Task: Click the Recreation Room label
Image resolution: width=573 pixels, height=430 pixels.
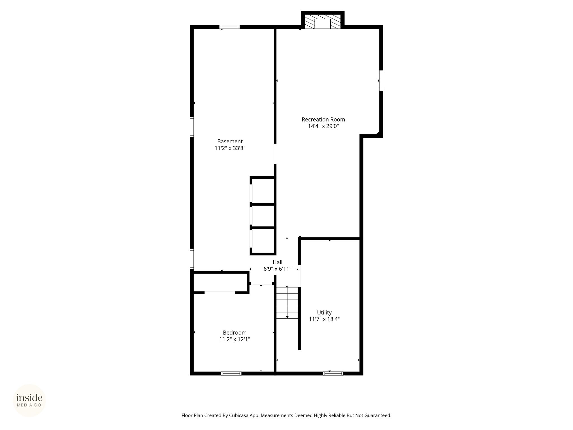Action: tap(323, 120)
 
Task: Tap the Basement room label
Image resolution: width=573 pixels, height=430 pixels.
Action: tap(230, 141)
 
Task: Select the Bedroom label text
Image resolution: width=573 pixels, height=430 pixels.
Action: tap(234, 333)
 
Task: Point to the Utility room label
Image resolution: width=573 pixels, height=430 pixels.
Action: tap(324, 312)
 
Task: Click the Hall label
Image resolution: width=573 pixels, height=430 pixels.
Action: tap(278, 262)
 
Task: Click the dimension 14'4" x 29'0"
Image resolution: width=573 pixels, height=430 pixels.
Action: tap(323, 126)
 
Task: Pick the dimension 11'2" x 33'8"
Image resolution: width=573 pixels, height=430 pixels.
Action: tap(230, 148)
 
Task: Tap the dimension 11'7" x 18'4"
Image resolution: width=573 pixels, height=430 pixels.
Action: tap(324, 319)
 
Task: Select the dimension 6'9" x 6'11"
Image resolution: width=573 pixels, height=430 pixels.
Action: tap(278, 269)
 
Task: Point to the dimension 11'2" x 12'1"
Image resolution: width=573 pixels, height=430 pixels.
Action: tap(234, 339)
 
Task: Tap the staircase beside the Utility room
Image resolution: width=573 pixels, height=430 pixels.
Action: tap(287, 303)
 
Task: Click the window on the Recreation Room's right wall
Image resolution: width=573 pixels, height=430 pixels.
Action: tap(381, 81)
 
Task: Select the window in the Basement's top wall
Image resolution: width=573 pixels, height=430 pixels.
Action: tap(229, 27)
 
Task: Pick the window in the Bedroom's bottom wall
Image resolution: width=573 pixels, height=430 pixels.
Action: tap(231, 373)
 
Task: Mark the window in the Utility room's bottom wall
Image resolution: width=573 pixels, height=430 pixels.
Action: tap(333, 373)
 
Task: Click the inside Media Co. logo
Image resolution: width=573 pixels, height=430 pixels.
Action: tap(29, 400)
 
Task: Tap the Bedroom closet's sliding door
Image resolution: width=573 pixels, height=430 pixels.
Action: tap(220, 293)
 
